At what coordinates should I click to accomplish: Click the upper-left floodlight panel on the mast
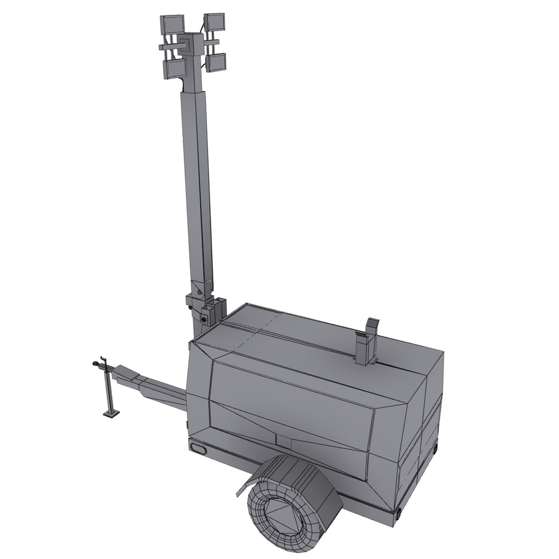click(x=172, y=24)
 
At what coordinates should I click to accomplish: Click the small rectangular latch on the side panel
click(x=284, y=439)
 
